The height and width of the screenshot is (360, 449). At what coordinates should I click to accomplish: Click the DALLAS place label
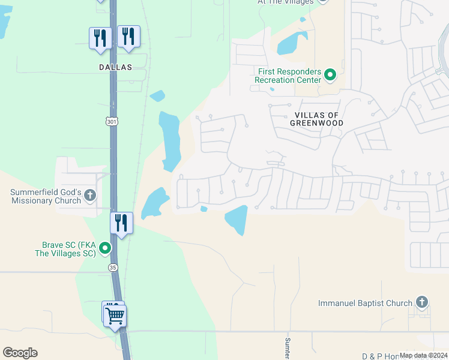pyautogui.click(x=115, y=68)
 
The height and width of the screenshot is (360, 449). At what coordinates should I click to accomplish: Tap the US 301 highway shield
pyautogui.click(x=112, y=122)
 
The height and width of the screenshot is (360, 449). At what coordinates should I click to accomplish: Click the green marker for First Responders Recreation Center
pyautogui.click(x=330, y=75)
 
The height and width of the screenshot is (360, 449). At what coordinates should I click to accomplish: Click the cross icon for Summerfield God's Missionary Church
pyautogui.click(x=90, y=194)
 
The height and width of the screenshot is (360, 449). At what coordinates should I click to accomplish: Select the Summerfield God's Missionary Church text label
pyautogui.click(x=45, y=196)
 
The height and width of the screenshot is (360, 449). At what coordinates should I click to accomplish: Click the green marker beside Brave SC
pyautogui.click(x=105, y=247)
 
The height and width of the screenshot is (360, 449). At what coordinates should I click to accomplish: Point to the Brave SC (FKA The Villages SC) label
pyautogui.click(x=68, y=249)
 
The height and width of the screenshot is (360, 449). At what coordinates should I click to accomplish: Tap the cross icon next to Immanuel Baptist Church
pyautogui.click(x=422, y=302)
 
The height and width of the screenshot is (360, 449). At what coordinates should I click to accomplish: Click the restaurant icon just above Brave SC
pyautogui.click(x=122, y=223)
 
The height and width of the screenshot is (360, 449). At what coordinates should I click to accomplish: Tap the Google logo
pyautogui.click(x=20, y=353)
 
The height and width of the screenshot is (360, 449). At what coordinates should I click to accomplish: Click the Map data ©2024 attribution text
pyautogui.click(x=423, y=355)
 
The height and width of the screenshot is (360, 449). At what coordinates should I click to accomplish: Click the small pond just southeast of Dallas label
pyautogui.click(x=157, y=95)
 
